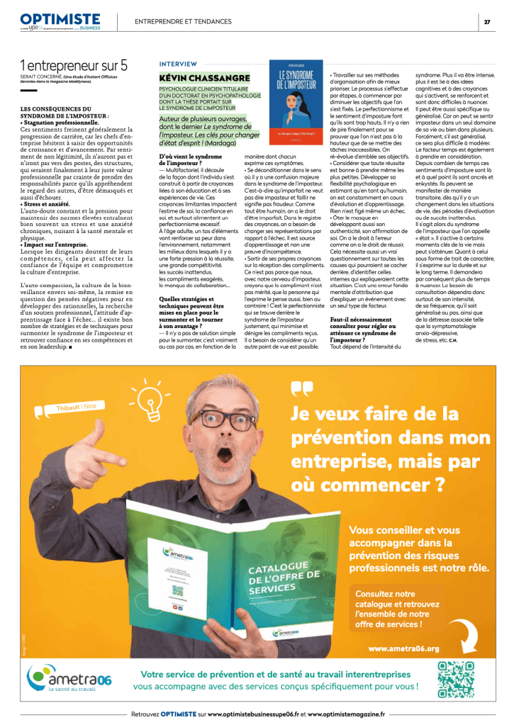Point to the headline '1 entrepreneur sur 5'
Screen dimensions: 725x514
[x=74, y=64]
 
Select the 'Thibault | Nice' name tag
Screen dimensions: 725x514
[x=77, y=407]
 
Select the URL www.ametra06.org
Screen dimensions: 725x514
[x=404, y=648]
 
